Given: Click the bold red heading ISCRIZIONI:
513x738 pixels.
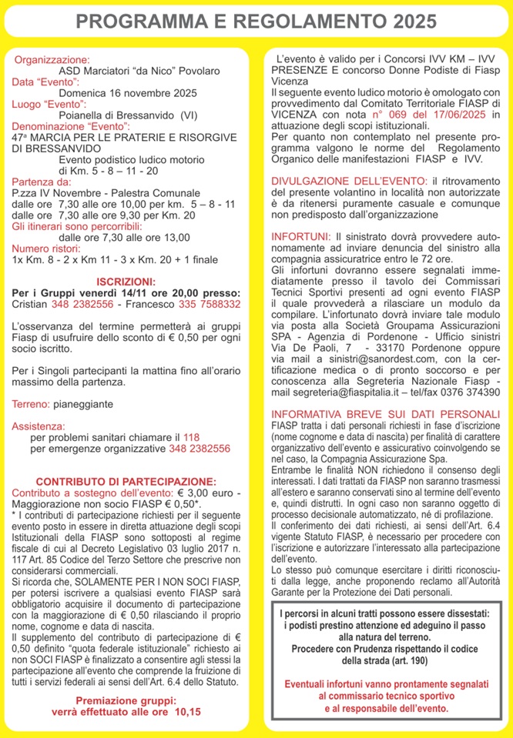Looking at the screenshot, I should [x=126, y=282].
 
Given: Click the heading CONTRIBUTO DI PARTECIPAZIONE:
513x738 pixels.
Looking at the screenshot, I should [x=126, y=481].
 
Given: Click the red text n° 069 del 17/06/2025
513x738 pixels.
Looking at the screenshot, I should [x=428, y=114].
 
